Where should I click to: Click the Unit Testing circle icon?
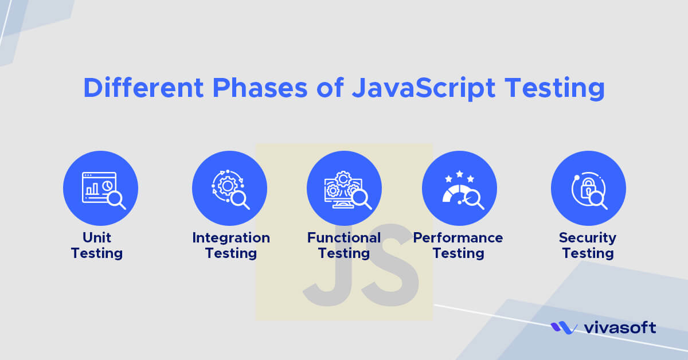click(x=100, y=188)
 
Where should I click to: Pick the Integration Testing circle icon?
click(x=229, y=188)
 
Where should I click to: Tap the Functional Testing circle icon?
click(x=344, y=188)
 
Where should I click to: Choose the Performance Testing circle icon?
click(x=459, y=188)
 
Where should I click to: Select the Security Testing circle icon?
click(x=588, y=188)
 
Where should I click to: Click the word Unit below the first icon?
click(x=97, y=237)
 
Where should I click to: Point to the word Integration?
click(x=231, y=237)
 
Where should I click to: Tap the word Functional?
click(x=344, y=237)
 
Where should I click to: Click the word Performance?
click(x=458, y=237)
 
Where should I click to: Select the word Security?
click(x=588, y=237)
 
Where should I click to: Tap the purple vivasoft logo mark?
click(x=564, y=328)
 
